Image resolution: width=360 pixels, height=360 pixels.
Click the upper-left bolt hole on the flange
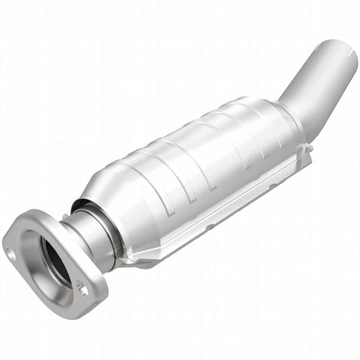pyautogui.click(x=9, y=251)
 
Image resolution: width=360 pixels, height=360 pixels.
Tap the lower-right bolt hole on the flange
pyautogui.click(x=83, y=291)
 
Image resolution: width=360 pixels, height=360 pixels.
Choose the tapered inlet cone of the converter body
pyautogui.click(x=105, y=183)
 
